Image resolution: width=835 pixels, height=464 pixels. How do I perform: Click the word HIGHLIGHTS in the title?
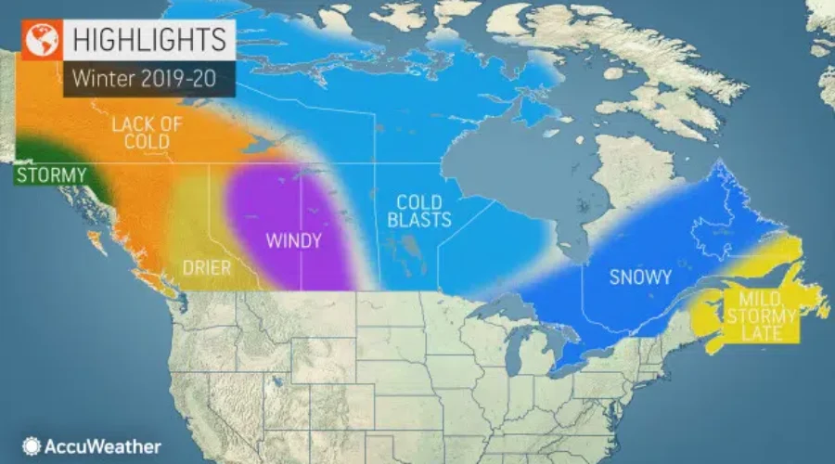(x=148, y=40)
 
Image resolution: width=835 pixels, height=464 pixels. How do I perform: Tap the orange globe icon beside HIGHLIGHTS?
(x=40, y=40)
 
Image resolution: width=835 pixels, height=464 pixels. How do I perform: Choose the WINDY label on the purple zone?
(x=293, y=241)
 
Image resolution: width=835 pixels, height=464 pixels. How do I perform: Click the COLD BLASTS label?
(x=423, y=211)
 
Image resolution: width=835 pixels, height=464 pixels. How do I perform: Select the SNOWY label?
(x=641, y=277)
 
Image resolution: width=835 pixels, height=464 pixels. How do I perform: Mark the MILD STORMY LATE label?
(x=766, y=316)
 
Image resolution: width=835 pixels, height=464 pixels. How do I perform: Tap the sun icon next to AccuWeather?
(x=32, y=446)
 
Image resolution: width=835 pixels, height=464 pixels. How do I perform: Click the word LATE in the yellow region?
(x=766, y=333)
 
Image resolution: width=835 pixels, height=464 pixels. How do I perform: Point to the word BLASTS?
(x=423, y=220)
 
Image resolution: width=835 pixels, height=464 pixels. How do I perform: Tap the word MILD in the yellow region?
(x=766, y=300)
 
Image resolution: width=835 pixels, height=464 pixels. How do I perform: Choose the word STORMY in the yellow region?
(x=766, y=316)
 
